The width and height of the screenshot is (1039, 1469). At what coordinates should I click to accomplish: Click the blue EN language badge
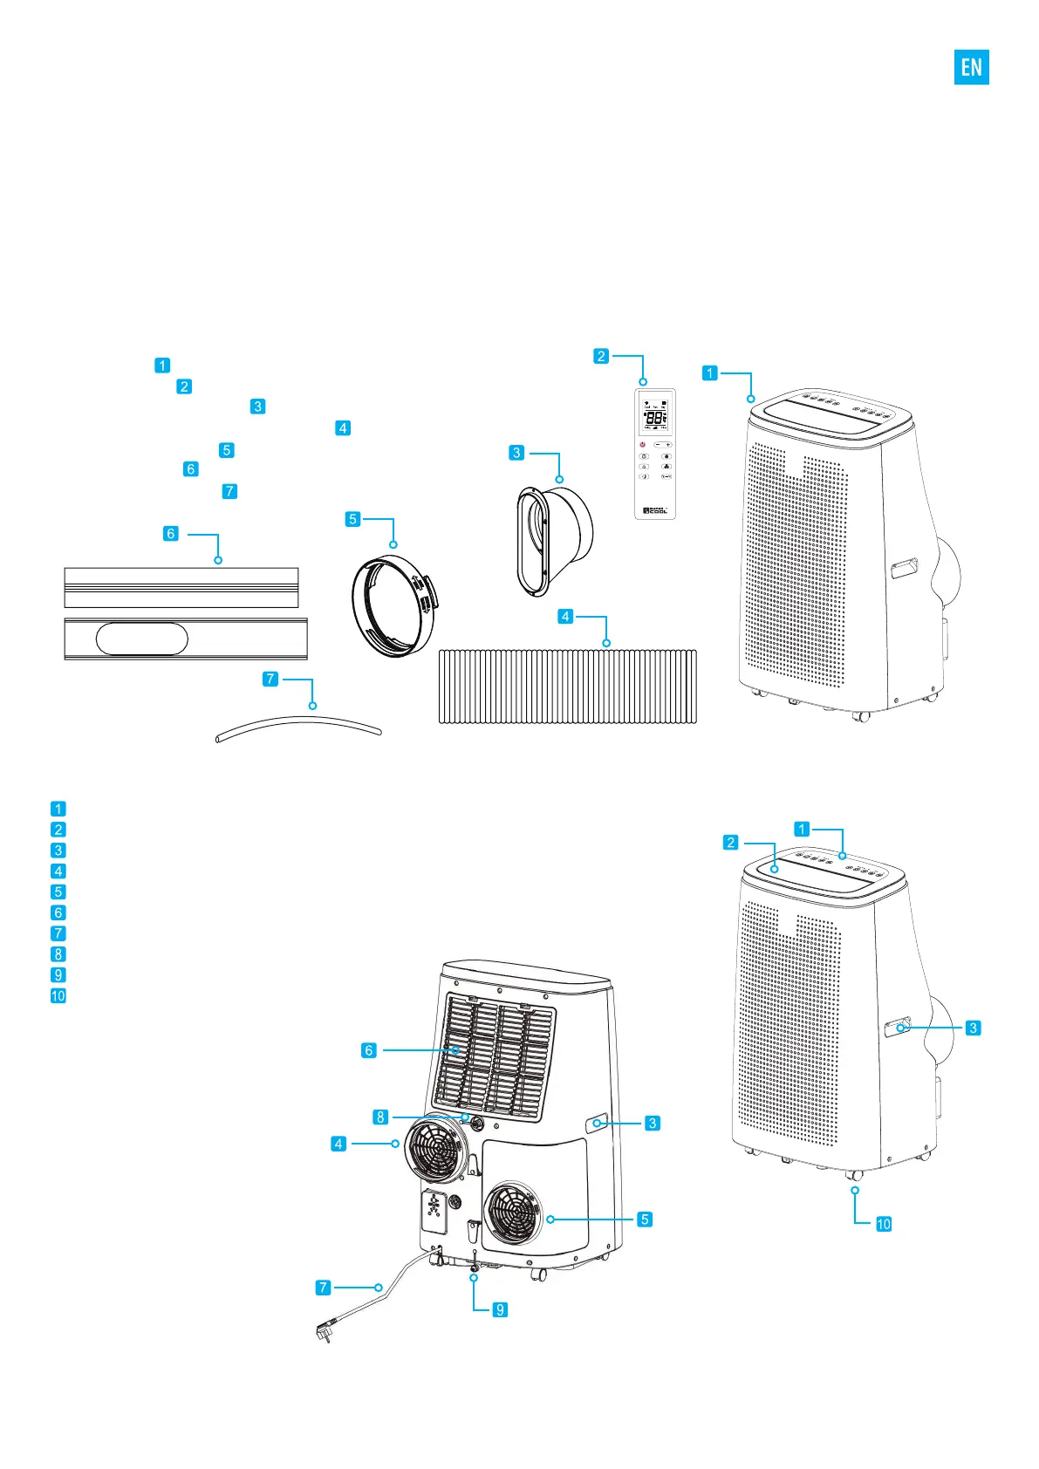click(x=971, y=67)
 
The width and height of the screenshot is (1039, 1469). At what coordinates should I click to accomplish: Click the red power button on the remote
click(x=643, y=445)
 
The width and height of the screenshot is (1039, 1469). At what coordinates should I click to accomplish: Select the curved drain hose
click(x=298, y=726)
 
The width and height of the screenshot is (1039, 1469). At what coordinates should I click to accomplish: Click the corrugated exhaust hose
click(x=567, y=686)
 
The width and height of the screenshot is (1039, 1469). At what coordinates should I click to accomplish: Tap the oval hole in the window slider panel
click(x=141, y=639)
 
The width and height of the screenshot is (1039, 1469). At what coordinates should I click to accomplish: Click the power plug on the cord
click(x=324, y=1331)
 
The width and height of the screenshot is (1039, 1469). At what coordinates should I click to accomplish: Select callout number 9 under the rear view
click(x=500, y=1309)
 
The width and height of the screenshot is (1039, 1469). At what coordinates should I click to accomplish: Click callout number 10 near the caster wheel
click(x=884, y=1224)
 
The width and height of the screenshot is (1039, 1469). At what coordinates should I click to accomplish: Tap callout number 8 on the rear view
click(x=380, y=1117)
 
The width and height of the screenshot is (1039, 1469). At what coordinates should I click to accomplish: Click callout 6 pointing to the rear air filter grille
click(x=369, y=1050)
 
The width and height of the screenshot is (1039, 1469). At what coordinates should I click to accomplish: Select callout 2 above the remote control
click(x=601, y=356)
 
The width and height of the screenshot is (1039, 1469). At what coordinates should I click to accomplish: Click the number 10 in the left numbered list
click(x=58, y=995)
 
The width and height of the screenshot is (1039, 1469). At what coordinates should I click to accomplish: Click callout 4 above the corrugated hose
click(x=565, y=617)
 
